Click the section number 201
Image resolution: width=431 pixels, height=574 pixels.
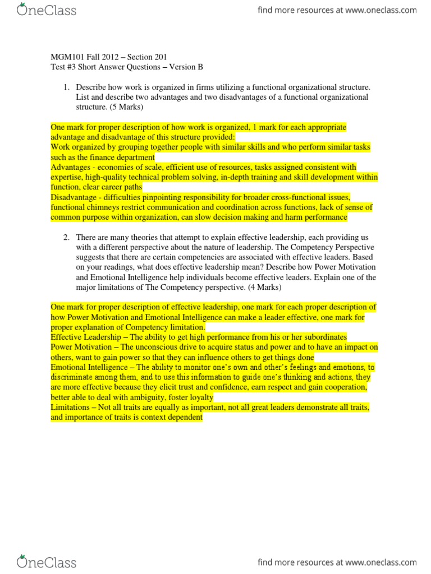(x=159, y=57)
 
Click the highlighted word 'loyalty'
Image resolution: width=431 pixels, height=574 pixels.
(x=198, y=397)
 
